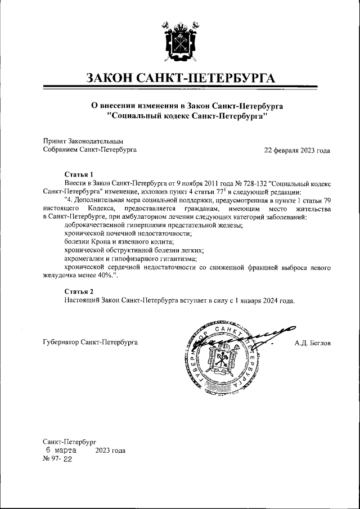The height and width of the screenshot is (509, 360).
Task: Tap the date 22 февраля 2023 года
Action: [x=298, y=151]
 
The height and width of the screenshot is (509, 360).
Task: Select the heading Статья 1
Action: [x=79, y=174]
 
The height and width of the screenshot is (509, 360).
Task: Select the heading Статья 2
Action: [x=79, y=291]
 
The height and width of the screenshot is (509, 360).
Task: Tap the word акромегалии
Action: [x=83, y=258]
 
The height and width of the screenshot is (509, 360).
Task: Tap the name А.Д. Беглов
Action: [x=312, y=343]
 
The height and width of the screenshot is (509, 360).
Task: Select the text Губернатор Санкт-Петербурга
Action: [x=90, y=343]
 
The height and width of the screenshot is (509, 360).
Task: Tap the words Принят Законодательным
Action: [x=83, y=141]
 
